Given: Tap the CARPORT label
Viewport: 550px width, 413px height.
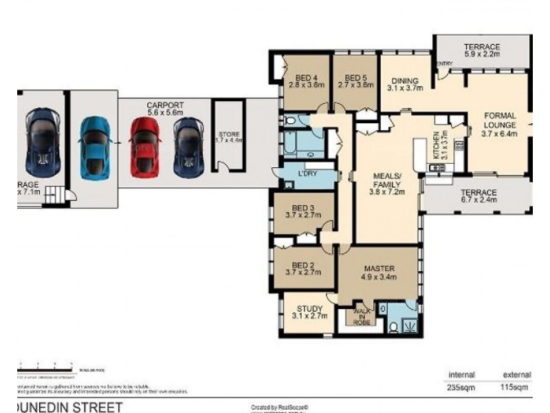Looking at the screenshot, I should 165,105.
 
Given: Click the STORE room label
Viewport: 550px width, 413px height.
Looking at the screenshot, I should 229,134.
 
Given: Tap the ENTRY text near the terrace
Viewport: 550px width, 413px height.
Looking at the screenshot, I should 444,64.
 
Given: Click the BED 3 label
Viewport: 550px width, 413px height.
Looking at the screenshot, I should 303,208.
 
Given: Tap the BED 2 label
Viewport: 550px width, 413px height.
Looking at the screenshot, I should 303,264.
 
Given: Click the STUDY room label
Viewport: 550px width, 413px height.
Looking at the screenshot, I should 309,308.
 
